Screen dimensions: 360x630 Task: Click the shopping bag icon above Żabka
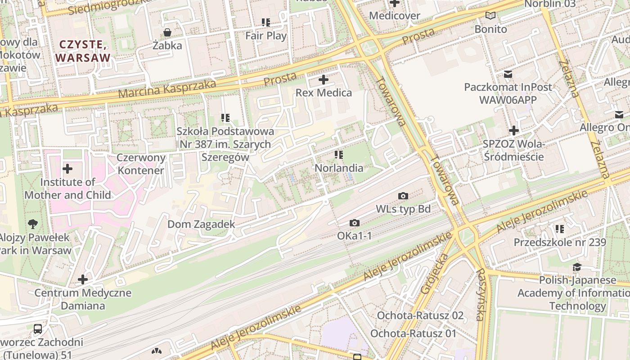click(167, 32)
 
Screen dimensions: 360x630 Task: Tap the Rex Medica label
click(324, 93)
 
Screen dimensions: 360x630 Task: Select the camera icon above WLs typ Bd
click(403, 196)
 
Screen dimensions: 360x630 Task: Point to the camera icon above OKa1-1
click(355, 223)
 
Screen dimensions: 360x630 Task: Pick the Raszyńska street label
click(481, 295)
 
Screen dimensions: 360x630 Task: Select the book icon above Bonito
click(490, 16)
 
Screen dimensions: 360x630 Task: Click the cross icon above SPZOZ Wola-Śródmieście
click(513, 131)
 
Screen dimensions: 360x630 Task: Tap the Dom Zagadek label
click(201, 224)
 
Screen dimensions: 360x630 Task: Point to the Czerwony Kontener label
click(141, 164)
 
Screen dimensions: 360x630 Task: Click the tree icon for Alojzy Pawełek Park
click(32, 224)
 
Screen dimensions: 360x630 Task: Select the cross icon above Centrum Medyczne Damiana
click(83, 279)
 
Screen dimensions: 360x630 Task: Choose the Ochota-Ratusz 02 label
click(420, 315)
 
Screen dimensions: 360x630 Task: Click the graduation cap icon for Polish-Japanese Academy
click(577, 267)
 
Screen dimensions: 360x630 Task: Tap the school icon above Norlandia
click(339, 155)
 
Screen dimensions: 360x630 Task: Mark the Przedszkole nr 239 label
click(560, 242)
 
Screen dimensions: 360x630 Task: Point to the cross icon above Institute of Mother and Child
click(67, 169)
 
